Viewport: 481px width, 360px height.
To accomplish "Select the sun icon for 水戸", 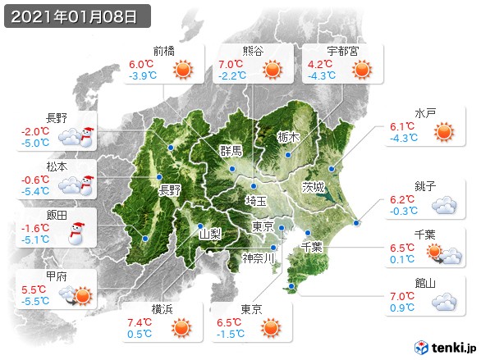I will click(443, 131).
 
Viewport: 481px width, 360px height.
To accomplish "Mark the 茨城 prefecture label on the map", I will click(314, 185).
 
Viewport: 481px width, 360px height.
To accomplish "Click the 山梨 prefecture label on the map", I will click(211, 233).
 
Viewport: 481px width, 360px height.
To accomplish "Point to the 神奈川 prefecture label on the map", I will click(261, 258).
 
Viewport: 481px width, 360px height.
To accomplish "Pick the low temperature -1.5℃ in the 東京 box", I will click(230, 335).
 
